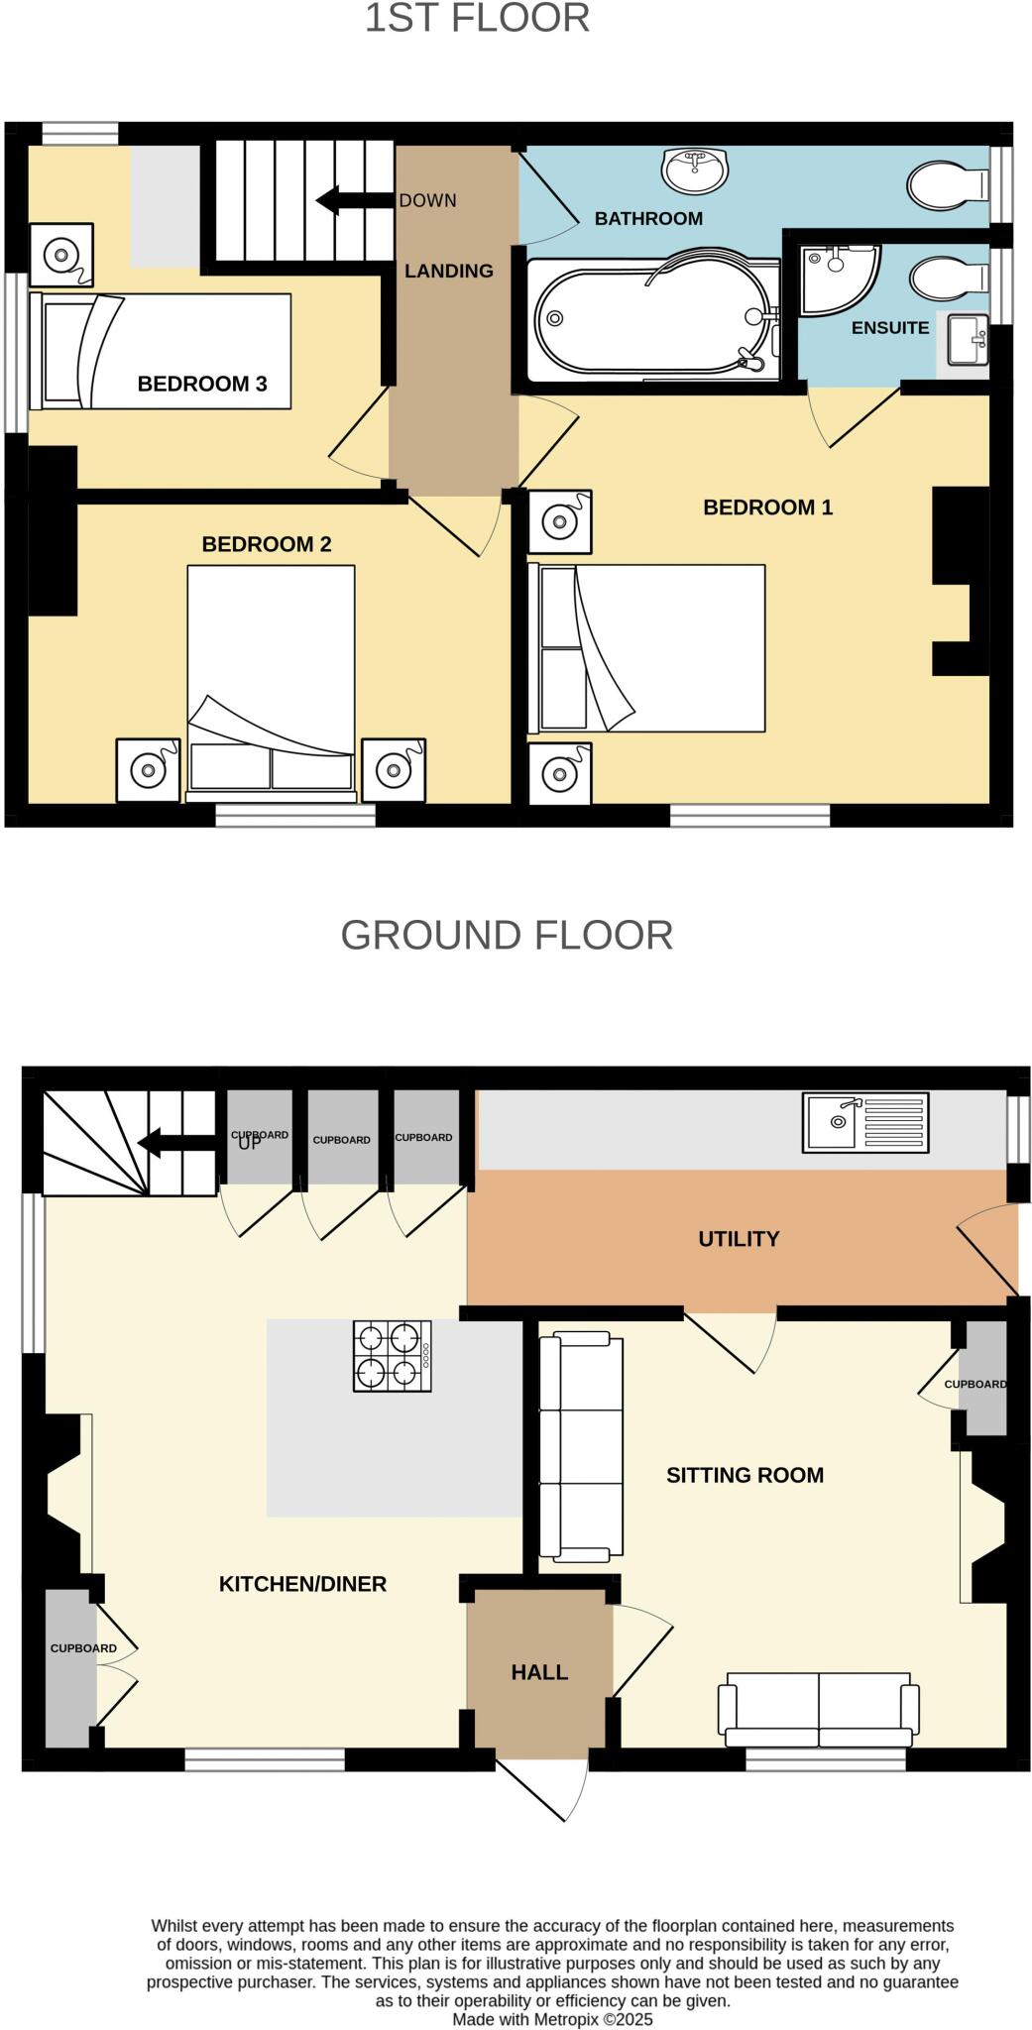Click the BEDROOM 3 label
pyautogui.click(x=202, y=385)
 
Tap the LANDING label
pyautogui.click(x=448, y=272)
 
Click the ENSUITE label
pyautogui.click(x=890, y=328)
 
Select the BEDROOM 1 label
pyautogui.click(x=767, y=508)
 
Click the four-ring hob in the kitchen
pyautogui.click(x=393, y=1356)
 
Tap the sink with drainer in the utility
pyautogui.click(x=864, y=1122)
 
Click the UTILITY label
pyautogui.click(x=739, y=1239)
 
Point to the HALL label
pyautogui.click(x=539, y=1673)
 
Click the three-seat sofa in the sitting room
pyautogui.click(x=580, y=1448)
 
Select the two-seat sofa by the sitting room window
pyautogui.click(x=819, y=1709)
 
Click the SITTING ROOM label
pyautogui.click(x=745, y=1476)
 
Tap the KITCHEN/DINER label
pyautogui.click(x=302, y=1585)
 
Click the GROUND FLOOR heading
pyautogui.click(x=507, y=936)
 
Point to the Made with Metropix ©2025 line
pyautogui.click(x=552, y=2019)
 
